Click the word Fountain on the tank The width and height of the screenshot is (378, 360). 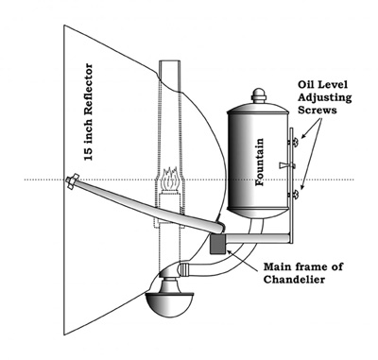(x=259, y=162)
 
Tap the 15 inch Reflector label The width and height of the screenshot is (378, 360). (x=89, y=112)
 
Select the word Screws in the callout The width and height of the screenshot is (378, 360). (x=318, y=110)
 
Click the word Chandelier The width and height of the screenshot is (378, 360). (x=294, y=280)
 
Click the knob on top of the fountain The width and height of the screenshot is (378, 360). (x=259, y=95)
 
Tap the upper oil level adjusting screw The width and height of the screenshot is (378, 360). (x=295, y=143)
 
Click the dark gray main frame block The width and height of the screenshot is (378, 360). (x=218, y=244)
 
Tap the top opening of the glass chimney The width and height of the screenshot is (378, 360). (x=170, y=61)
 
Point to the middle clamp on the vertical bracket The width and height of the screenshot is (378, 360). (x=287, y=165)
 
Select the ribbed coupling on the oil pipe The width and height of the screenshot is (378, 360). (x=184, y=270)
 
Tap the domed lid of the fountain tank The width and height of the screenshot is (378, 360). (x=258, y=108)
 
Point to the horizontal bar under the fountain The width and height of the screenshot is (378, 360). (x=257, y=238)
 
